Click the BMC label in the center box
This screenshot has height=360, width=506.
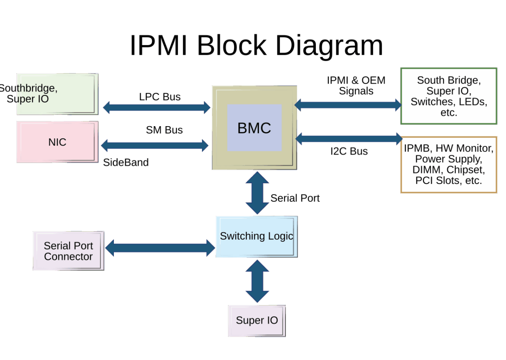coord(254,128)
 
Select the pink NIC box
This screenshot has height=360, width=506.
coord(57,142)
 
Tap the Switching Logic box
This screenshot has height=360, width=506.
coord(256,236)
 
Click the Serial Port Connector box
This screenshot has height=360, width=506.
coord(68,251)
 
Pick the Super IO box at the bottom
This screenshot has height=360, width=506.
coord(257,320)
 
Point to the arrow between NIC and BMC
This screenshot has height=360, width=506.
coord(155,146)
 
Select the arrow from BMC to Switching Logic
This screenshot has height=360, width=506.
coord(257,192)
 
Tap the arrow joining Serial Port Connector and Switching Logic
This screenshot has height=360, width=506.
coord(160,248)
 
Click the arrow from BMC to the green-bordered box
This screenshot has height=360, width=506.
coord(348,104)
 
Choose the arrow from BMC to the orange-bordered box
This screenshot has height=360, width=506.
coord(349,138)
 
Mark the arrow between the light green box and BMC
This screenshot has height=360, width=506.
coord(156,107)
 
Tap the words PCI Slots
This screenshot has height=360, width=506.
coord(434,181)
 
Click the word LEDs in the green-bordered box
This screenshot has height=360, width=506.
coord(472,102)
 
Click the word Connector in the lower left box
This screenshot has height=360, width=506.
coord(68,256)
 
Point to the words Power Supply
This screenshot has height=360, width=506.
coord(448,159)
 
